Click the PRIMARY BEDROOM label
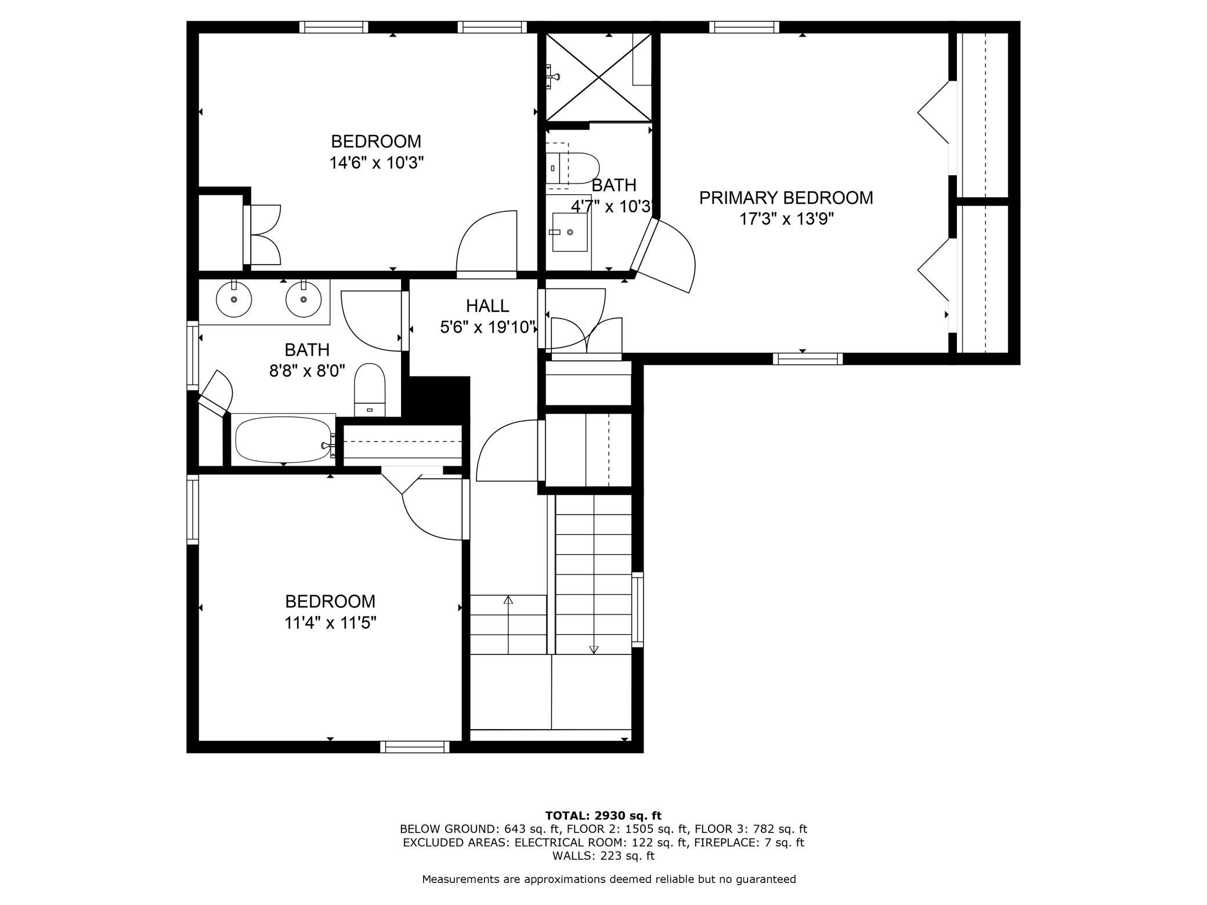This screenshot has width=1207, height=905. [786, 198]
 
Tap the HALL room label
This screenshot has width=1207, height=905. [487, 306]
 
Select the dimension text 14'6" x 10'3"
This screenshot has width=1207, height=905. [377, 163]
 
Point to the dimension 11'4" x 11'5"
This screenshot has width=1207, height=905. [330, 623]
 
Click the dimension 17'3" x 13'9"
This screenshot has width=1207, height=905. [786, 219]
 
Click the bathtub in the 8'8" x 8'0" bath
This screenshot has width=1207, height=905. [284, 439]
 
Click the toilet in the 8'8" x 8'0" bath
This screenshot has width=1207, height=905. [370, 390]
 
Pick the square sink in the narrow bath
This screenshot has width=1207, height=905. [569, 232]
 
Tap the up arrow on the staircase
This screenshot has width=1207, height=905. [508, 624]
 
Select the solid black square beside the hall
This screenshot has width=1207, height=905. [439, 397]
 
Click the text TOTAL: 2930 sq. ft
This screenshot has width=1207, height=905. [603, 816]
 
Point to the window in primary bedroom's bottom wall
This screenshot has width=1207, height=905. [808, 359]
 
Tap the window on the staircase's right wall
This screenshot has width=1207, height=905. [637, 610]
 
